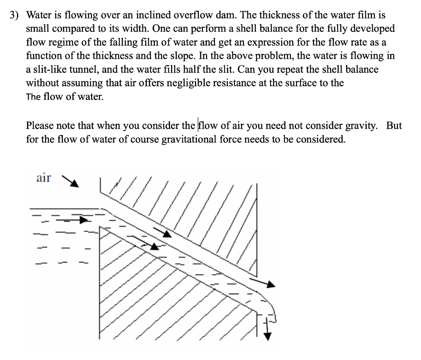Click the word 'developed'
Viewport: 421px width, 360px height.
[372, 29]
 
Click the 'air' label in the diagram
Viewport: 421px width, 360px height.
[44, 178]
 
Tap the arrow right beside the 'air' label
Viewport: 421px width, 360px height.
[70, 181]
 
